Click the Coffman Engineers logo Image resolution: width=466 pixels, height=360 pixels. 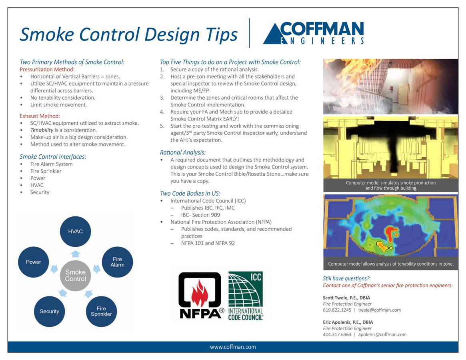(x=313, y=33)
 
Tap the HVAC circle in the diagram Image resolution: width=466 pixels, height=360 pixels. (x=75, y=231)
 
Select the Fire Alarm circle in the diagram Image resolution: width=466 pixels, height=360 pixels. (x=117, y=262)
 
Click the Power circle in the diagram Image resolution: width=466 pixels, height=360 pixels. (x=34, y=262)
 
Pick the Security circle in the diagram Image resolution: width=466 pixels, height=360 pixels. (x=50, y=311)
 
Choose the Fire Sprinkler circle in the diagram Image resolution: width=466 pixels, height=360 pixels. (x=101, y=311)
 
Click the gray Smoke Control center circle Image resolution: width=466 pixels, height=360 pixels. (x=75, y=276)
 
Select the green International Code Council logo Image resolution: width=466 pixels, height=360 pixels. (x=245, y=295)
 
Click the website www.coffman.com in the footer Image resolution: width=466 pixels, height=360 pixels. (x=233, y=347)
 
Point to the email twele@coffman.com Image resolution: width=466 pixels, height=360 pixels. (x=379, y=310)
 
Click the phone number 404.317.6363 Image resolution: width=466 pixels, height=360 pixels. (x=337, y=334)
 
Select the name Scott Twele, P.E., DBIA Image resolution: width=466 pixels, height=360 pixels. (x=346, y=298)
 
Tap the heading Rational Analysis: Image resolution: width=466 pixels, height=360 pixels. (x=183, y=152)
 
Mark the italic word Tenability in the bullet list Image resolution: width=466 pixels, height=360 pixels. (x=42, y=130)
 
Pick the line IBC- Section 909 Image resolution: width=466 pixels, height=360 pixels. (x=200, y=215)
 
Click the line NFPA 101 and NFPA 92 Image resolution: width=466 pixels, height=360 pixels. (x=208, y=243)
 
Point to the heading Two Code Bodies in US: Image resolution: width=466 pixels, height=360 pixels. (x=190, y=194)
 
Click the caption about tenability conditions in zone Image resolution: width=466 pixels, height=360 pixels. (x=390, y=264)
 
